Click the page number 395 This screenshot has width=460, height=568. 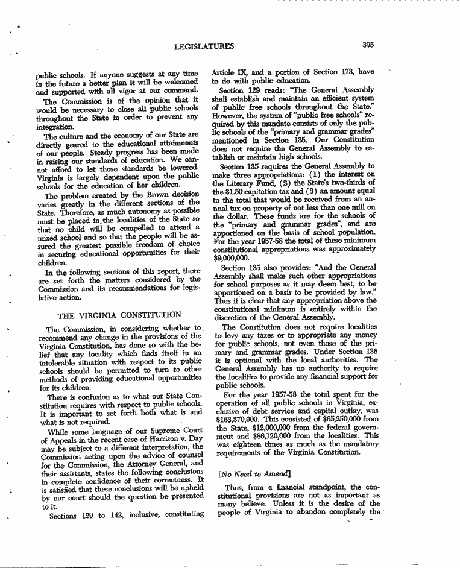coord(370,44)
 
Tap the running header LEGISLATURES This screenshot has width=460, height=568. coord(203,46)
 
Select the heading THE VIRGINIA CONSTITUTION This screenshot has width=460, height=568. coord(119,315)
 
